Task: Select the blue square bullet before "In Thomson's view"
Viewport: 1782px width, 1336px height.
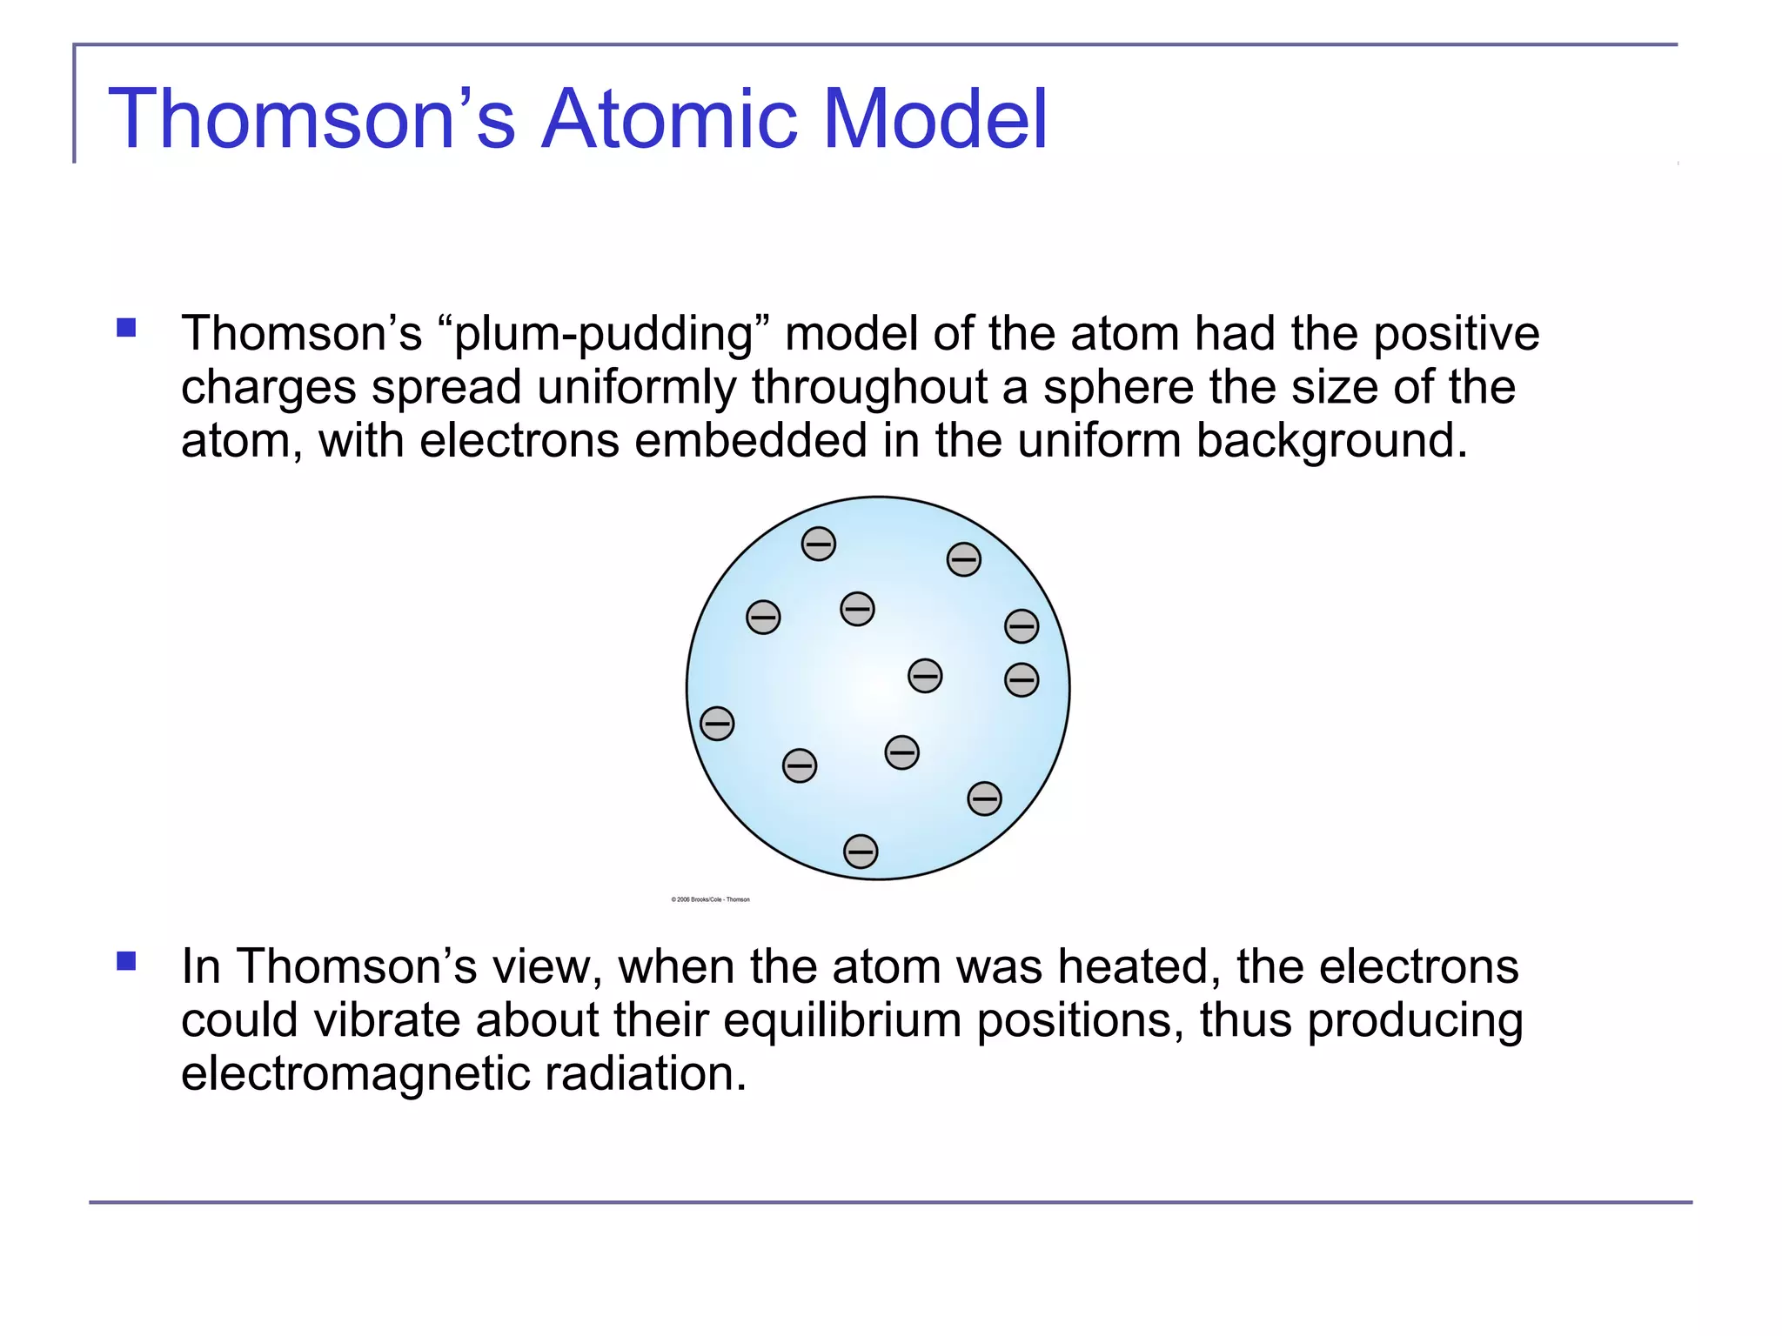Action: [x=127, y=960]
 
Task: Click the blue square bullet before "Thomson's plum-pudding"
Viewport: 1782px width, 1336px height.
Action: [x=127, y=328]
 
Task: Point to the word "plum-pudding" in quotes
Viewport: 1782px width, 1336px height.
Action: [x=604, y=335]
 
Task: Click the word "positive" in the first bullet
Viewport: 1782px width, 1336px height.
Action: [x=1456, y=333]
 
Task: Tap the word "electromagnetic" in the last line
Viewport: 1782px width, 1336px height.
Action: [x=355, y=1075]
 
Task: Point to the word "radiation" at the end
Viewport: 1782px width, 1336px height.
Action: [x=645, y=1073]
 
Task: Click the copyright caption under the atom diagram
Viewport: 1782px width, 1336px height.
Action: [x=710, y=899]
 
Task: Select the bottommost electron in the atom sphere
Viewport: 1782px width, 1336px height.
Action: [x=861, y=851]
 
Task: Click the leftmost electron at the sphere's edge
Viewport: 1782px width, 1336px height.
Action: [x=717, y=723]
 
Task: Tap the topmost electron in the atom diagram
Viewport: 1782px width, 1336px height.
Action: [x=818, y=544]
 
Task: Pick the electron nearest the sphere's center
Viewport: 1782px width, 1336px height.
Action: [x=924, y=675]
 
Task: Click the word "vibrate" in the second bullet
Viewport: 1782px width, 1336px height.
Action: [x=385, y=1020]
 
